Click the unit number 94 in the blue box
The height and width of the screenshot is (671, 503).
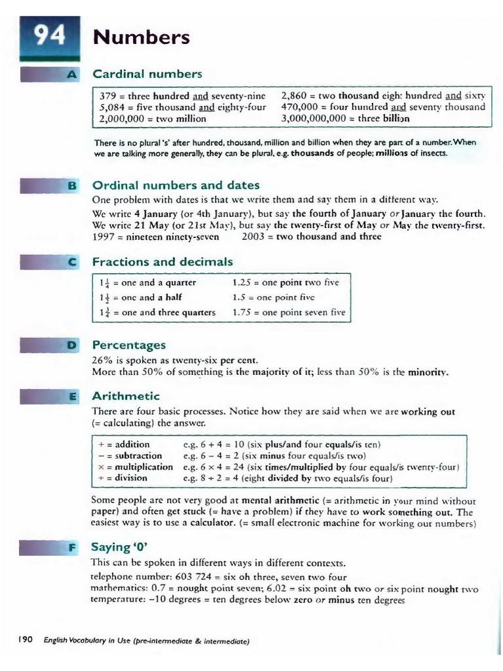[x=49, y=36]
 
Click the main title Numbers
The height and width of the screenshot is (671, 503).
[x=141, y=37]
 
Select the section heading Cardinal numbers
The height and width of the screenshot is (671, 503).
[x=147, y=73]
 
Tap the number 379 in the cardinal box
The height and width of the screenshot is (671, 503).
[x=109, y=95]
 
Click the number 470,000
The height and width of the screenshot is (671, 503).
[x=300, y=107]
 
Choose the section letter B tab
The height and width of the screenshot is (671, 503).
[x=72, y=185]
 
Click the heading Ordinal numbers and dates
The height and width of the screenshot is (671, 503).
[x=176, y=185]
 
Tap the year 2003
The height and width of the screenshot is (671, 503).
[x=253, y=237]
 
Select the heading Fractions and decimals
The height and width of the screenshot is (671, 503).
[x=162, y=262]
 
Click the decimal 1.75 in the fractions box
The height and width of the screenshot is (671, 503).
[x=243, y=313]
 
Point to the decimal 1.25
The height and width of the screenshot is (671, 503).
[x=243, y=283]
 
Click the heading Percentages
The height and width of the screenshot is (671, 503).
[x=129, y=345]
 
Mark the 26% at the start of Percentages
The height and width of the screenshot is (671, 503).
[x=103, y=360]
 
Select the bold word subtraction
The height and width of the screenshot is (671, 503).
[x=138, y=455]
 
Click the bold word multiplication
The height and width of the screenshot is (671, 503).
[x=144, y=467]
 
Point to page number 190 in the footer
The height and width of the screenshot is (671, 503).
[x=26, y=640]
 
